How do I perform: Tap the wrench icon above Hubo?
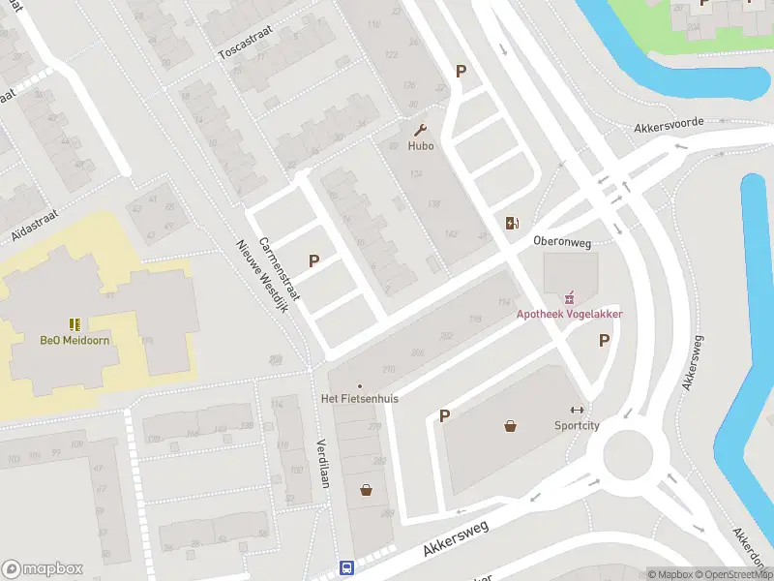pos(420,129)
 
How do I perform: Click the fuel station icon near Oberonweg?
pos(511,224)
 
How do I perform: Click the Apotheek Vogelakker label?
pos(569,314)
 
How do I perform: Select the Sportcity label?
pos(577,425)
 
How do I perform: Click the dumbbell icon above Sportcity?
pos(578,409)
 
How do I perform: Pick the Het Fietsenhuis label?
pos(360,398)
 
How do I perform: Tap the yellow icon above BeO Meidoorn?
pos(74,323)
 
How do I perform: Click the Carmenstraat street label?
pos(280,272)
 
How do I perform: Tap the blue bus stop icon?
pos(346,567)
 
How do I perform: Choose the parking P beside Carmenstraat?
pos(313,260)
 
